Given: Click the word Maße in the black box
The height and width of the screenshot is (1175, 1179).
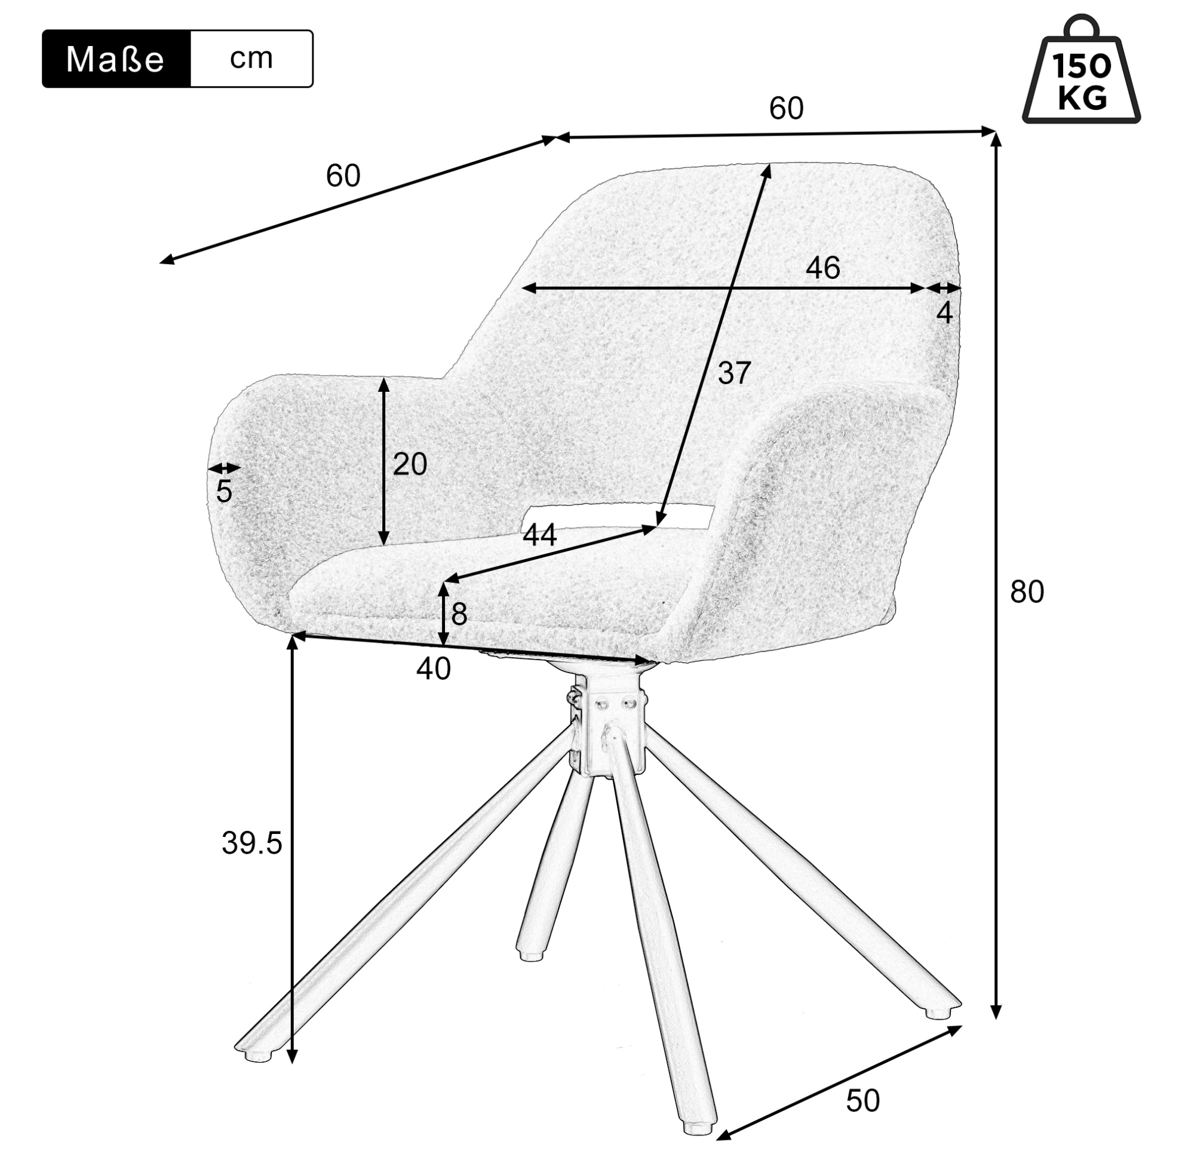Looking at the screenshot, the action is [115, 60].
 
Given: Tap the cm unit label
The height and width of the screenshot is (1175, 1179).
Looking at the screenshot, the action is [251, 59].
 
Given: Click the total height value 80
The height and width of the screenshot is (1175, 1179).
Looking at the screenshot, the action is [1027, 591].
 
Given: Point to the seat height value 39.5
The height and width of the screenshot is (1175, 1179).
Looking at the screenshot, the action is [251, 843].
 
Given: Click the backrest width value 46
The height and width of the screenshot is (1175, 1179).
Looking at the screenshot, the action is [823, 268].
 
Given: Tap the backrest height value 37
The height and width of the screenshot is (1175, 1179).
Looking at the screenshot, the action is [733, 373].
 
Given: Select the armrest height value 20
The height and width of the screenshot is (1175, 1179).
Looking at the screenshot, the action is [410, 465].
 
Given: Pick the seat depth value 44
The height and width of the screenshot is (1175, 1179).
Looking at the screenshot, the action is [539, 535].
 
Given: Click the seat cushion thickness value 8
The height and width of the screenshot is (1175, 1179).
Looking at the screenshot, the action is [459, 613].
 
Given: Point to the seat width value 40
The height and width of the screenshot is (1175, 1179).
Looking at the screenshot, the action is [433, 669].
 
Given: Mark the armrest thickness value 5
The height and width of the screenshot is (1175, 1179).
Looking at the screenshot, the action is [224, 492].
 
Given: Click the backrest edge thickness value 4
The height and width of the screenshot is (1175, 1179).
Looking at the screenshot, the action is [944, 313].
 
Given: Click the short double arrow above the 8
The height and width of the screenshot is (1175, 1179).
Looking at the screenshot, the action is [444, 614].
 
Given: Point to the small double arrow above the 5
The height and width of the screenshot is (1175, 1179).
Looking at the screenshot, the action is [225, 469].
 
